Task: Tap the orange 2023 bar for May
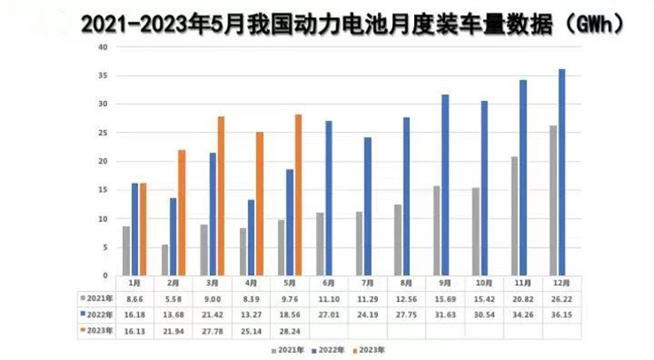click(x=298, y=195)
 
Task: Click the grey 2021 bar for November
click(x=513, y=216)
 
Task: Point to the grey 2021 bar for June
click(x=319, y=244)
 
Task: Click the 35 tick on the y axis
click(x=103, y=76)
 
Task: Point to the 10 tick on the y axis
click(x=103, y=218)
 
